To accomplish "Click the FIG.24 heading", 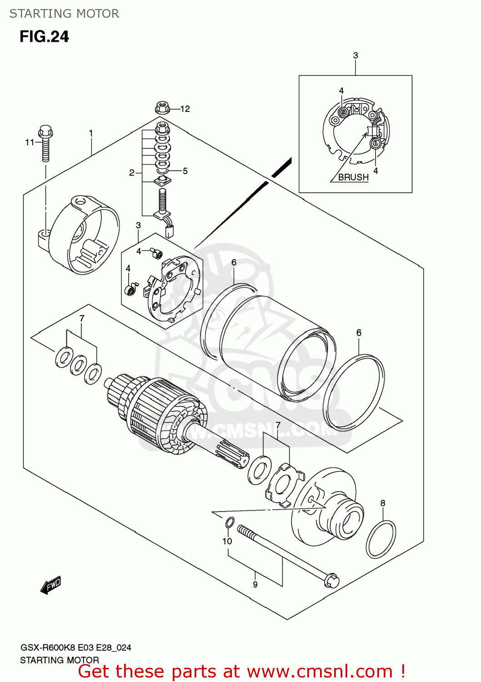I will (x=44, y=36).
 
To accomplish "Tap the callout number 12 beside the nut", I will (x=185, y=109).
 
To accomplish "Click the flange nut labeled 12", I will (x=162, y=108).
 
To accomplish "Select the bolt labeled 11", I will (x=45, y=143).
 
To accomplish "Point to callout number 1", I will (x=91, y=133).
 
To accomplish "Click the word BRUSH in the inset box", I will (x=353, y=177).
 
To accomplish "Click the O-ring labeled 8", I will (x=381, y=540).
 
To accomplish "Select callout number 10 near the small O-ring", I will (x=227, y=541).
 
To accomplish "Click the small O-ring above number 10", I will (x=230, y=523).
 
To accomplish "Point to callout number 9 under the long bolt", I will (x=255, y=585).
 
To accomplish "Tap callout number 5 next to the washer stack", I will (x=185, y=171).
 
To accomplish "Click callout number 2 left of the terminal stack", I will (x=131, y=173).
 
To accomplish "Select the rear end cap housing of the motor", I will (x=84, y=235).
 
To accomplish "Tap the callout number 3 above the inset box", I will (x=356, y=55).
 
